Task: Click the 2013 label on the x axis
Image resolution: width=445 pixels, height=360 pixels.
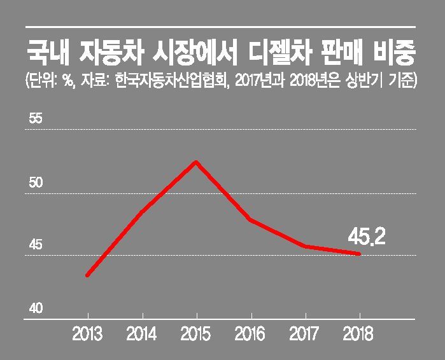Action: point(87,334)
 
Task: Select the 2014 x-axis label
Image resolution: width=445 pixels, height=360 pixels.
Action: point(141,334)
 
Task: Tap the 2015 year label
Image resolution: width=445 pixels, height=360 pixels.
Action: point(196,334)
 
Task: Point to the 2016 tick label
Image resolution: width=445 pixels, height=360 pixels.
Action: point(250,334)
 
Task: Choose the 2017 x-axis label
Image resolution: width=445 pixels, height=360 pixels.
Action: point(305,334)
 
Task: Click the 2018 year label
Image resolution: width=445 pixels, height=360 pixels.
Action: point(358,334)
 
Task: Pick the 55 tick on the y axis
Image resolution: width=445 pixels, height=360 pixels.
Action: point(36,119)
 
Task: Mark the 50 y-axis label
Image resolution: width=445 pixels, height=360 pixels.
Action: point(36,183)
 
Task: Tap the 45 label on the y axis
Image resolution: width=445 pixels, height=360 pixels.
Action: point(36,246)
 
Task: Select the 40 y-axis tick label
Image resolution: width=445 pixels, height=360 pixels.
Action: point(36,308)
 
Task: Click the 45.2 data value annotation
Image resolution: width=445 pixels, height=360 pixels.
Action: point(367,237)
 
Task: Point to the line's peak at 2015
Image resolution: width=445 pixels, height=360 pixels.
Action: point(197,162)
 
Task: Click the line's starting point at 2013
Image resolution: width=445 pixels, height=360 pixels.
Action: point(87,275)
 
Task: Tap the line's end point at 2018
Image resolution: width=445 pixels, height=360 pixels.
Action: point(359,254)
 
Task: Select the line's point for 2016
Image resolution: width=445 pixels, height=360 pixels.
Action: point(251,220)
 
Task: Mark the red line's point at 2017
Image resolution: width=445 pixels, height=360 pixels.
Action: point(306,246)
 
